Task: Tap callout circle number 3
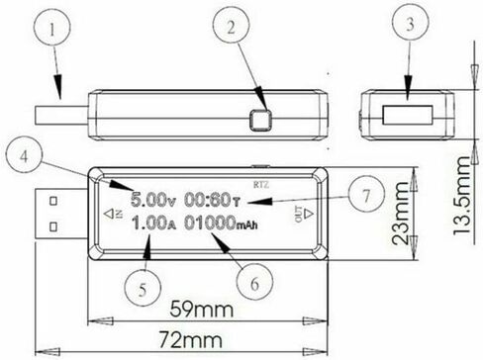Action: click(410, 22)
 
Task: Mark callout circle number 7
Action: click(367, 194)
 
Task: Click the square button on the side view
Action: click(260, 120)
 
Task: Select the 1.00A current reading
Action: click(154, 224)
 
